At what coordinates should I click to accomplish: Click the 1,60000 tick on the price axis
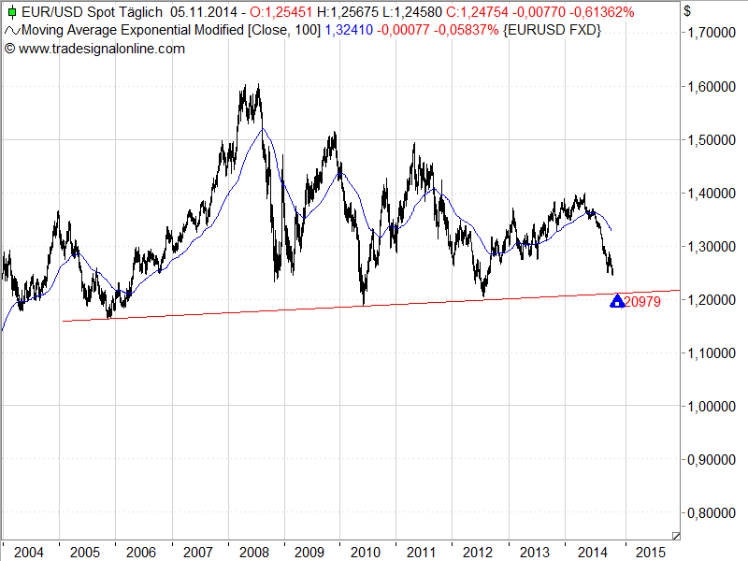(x=712, y=87)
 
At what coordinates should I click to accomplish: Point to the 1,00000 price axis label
(x=712, y=407)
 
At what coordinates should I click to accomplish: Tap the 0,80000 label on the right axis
(x=712, y=513)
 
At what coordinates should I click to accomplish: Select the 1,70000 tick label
(x=712, y=34)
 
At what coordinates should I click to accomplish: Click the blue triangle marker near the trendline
(x=617, y=301)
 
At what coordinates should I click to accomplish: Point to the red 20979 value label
(x=643, y=301)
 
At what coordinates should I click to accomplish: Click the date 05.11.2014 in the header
(x=203, y=13)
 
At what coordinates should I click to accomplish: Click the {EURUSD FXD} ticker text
(x=552, y=31)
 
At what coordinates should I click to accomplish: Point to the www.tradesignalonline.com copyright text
(x=101, y=48)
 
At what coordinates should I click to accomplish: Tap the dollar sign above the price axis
(x=688, y=11)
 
